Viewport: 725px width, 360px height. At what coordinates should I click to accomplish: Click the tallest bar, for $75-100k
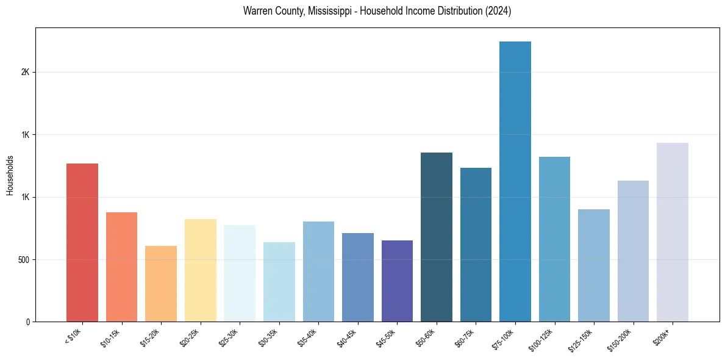point(515,181)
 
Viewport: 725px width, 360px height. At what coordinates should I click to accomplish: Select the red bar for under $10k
point(82,242)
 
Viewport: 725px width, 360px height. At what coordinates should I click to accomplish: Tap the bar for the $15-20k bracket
point(161,284)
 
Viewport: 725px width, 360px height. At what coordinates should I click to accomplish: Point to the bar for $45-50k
point(397,281)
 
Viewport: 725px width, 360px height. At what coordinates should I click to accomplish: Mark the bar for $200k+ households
point(672,232)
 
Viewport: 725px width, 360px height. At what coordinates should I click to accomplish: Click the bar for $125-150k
point(593,265)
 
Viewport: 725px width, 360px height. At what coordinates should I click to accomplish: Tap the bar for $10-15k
point(121,267)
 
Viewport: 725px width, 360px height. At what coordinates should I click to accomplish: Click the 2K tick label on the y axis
point(25,72)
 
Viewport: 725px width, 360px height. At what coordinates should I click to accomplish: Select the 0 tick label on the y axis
point(27,322)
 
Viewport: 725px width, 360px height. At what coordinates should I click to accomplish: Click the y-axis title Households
point(10,175)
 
